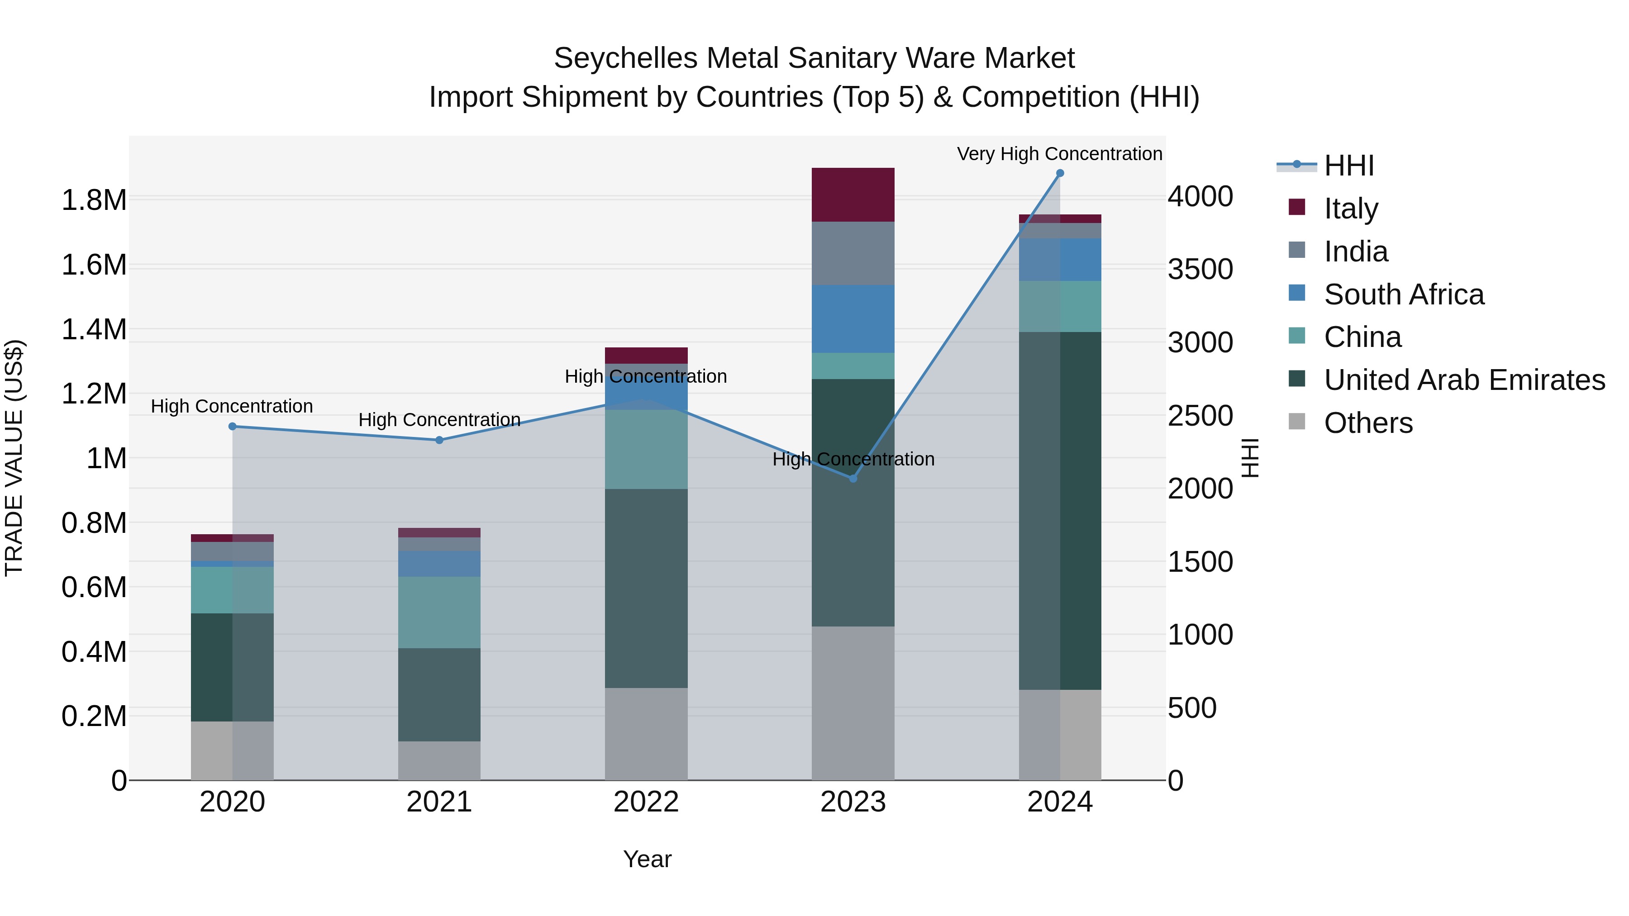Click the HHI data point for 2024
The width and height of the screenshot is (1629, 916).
pyautogui.click(x=1060, y=173)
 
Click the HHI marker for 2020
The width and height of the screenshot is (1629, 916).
pyautogui.click(x=232, y=427)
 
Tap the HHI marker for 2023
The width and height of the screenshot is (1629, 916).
pyautogui.click(x=853, y=479)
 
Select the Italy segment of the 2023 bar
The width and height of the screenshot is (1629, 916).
pyautogui.click(x=853, y=195)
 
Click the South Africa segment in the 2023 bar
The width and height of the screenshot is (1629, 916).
pyautogui.click(x=853, y=318)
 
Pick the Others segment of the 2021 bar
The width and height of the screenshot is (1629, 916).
pyautogui.click(x=439, y=760)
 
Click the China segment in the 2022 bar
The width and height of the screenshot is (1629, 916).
pyautogui.click(x=646, y=450)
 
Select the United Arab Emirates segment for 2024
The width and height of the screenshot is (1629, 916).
pyautogui.click(x=1060, y=511)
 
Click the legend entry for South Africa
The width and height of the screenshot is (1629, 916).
pyautogui.click(x=1403, y=294)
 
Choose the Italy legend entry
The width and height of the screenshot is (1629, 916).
pyautogui.click(x=1351, y=209)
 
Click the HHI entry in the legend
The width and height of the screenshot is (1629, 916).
pyautogui.click(x=1348, y=166)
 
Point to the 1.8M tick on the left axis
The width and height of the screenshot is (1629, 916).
pyautogui.click(x=94, y=200)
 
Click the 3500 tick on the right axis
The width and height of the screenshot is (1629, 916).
pyautogui.click(x=1200, y=269)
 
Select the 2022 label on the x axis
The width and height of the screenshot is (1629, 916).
pyautogui.click(x=646, y=802)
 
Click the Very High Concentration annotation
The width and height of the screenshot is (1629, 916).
pyautogui.click(x=1059, y=154)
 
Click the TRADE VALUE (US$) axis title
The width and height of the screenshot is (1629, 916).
pyautogui.click(x=14, y=458)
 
